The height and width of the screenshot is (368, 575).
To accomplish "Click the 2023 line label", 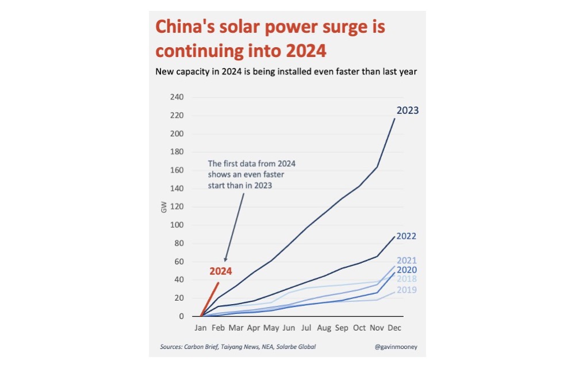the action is click(x=408, y=110).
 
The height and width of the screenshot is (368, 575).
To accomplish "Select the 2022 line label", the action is click(x=407, y=236).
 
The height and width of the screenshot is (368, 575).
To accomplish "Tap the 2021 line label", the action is click(x=407, y=260).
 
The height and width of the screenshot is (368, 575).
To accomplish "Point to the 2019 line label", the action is click(x=407, y=290).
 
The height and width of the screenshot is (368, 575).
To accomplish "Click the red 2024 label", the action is click(x=220, y=271).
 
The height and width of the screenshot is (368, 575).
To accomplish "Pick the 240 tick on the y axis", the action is click(x=177, y=97).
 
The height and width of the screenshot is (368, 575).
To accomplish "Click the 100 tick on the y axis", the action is click(x=177, y=225).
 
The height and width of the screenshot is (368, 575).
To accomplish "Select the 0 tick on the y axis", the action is click(x=181, y=316).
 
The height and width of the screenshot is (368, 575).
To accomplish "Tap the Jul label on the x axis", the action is click(x=306, y=328).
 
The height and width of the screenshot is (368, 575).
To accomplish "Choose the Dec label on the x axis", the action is click(x=394, y=328).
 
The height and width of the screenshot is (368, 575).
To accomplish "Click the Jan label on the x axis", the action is click(x=201, y=328).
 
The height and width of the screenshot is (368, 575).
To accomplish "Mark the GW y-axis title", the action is click(x=163, y=207).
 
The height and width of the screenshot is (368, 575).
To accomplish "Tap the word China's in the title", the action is click(x=185, y=27).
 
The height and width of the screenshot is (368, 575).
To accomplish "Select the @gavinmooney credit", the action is click(x=396, y=347).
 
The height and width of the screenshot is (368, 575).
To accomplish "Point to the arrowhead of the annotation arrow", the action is click(x=225, y=259).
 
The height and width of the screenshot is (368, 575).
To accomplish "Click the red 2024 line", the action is click(x=210, y=300).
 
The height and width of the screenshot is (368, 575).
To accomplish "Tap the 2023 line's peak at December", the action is click(x=394, y=118).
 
